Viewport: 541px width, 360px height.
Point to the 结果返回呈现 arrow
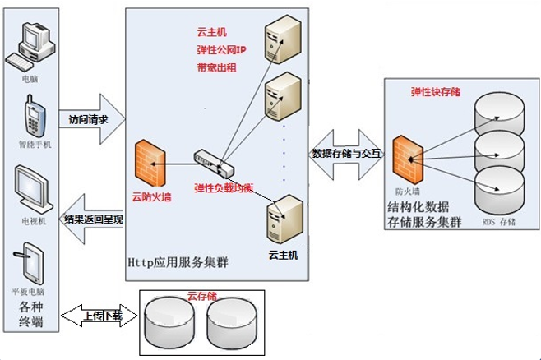pos(92,220)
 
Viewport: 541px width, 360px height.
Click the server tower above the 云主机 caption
pos(280,218)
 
